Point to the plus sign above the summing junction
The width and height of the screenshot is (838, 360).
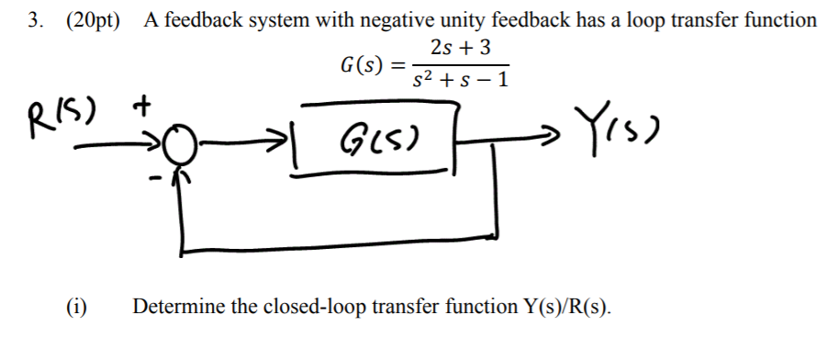tap(141, 107)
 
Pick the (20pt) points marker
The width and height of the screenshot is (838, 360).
tap(93, 19)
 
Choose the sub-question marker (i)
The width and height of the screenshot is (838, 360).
tap(77, 307)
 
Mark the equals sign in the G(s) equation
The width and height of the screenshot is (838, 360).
tap(397, 66)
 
